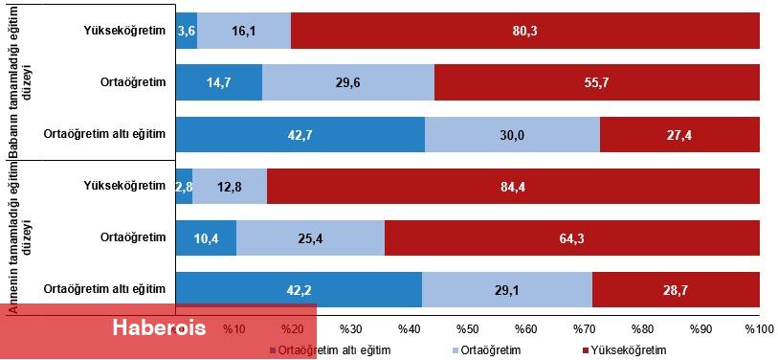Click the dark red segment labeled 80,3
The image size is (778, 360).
click(524, 31)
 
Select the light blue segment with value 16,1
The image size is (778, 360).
click(243, 31)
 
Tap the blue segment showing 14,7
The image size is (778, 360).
click(218, 83)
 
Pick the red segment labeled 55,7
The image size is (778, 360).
click(596, 83)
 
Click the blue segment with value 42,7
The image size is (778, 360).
click(300, 135)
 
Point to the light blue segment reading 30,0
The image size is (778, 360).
click(511, 135)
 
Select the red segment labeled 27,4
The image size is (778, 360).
click(679, 135)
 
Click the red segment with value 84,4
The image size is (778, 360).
click(513, 187)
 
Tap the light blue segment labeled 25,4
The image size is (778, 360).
click(310, 237)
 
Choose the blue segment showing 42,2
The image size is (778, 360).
click(299, 289)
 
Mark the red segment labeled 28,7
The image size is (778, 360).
click(676, 289)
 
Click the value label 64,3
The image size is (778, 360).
click(572, 237)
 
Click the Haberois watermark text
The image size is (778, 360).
click(159, 328)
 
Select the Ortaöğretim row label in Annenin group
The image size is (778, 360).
click(135, 237)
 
